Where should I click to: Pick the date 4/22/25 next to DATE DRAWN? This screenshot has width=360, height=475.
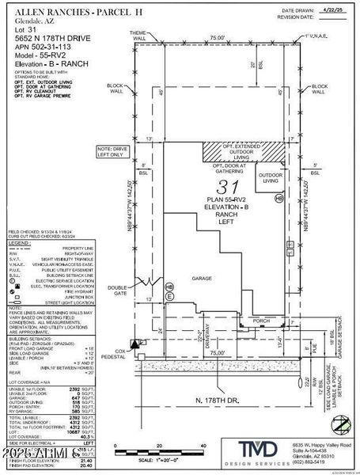331,11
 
